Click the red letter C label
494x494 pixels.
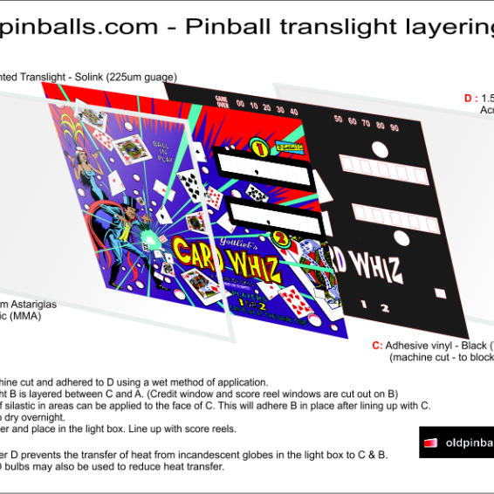(376, 345)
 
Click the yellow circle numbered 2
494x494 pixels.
(280, 235)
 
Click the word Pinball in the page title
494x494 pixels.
(227, 27)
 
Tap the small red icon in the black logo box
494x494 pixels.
(429, 443)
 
